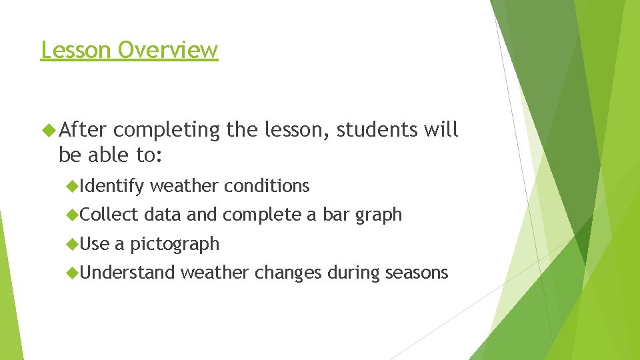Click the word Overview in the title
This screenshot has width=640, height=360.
tap(167, 50)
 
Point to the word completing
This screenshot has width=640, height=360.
tap(171, 131)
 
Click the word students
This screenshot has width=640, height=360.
tap(377, 130)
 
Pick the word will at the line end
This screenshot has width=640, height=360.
tap(441, 130)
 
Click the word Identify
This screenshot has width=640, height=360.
tap(113, 186)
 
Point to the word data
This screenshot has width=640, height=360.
tap(163, 215)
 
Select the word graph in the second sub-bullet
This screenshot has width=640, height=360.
tap(379, 215)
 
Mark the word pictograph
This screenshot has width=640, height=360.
tap(175, 245)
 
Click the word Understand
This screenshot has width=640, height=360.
tap(128, 273)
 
